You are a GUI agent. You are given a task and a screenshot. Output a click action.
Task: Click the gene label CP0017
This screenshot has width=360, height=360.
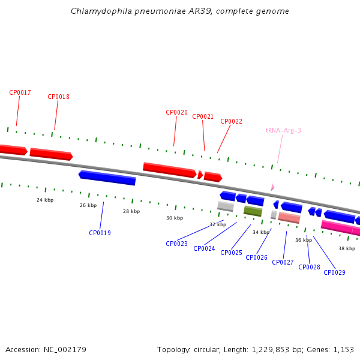pyautogui.click(x=20, y=92)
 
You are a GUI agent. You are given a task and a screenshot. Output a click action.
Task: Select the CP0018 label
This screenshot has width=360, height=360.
pyautogui.click(x=58, y=97)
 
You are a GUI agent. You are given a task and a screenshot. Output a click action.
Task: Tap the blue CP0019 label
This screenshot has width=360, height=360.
pyautogui.click(x=100, y=233)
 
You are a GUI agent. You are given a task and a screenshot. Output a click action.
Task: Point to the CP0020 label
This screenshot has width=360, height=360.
pyautogui.click(x=176, y=112)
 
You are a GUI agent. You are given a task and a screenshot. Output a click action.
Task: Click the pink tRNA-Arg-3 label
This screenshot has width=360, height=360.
pyautogui.click(x=283, y=130)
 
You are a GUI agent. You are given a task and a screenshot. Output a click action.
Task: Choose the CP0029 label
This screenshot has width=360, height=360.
pyautogui.click(x=334, y=272)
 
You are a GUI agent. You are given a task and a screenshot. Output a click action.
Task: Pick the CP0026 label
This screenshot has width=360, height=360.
pyautogui.click(x=256, y=257)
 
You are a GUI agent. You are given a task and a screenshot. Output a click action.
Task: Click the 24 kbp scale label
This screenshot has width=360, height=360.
pyautogui.click(x=45, y=200)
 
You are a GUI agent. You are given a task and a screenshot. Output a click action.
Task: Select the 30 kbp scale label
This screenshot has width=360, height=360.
pyautogui.click(x=175, y=218)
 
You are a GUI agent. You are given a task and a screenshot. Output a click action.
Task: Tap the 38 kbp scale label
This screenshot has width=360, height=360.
pyautogui.click(x=347, y=248)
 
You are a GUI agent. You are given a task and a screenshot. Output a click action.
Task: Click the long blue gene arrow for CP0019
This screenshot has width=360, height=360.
pyautogui.click(x=107, y=178)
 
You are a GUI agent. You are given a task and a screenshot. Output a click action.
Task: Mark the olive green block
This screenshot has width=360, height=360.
pyautogui.click(x=253, y=211)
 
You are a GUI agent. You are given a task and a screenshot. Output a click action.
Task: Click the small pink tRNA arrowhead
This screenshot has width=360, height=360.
pyautogui.click(x=272, y=187)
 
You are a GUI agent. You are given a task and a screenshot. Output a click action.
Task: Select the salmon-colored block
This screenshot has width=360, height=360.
pyautogui.click(x=289, y=218)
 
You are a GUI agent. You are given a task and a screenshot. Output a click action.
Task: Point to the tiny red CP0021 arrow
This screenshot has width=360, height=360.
pyautogui.click(x=200, y=175)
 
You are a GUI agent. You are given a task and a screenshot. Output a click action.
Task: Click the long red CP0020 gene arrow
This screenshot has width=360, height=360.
pyautogui.click(x=170, y=170)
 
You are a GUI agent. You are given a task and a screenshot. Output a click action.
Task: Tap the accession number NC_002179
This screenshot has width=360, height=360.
pyautogui.click(x=65, y=350)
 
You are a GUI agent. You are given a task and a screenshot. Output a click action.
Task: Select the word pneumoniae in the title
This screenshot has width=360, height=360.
pyautogui.click(x=160, y=11)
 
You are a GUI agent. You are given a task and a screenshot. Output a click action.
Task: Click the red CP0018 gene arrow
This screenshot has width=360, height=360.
pyautogui.click(x=52, y=154)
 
